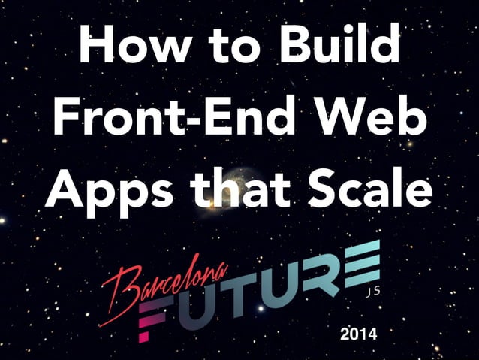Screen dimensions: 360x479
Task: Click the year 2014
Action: [x=358, y=332]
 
